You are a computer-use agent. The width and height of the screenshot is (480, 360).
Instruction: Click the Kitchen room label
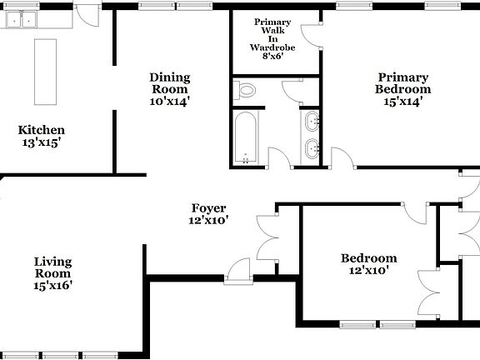42,130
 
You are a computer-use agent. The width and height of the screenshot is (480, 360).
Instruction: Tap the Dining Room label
170,77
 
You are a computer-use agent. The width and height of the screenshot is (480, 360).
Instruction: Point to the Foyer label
208,208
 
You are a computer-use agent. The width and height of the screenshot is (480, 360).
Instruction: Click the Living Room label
52,267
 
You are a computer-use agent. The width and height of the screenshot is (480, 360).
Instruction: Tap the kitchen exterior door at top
86,14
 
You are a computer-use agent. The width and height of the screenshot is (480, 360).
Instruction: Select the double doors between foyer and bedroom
271,234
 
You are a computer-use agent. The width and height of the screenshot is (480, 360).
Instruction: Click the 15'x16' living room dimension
52,285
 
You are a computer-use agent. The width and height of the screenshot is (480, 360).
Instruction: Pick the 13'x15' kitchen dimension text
42,142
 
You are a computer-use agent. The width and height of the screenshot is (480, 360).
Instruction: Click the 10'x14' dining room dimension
170,102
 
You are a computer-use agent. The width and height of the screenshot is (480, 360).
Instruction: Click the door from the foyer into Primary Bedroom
341,157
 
